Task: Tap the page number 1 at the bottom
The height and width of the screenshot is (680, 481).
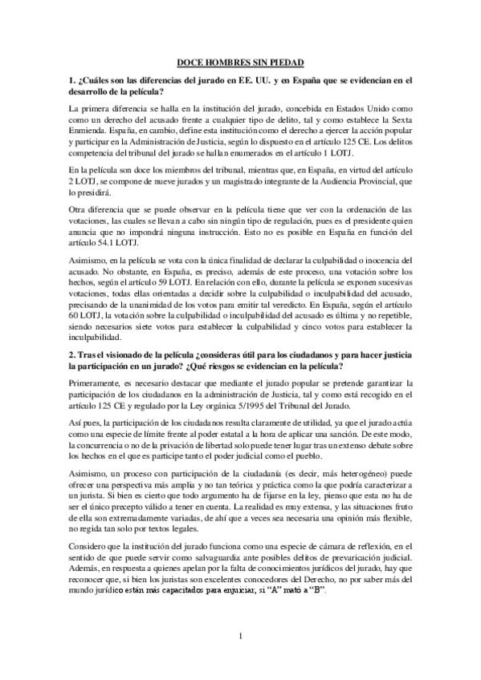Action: [240, 637]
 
